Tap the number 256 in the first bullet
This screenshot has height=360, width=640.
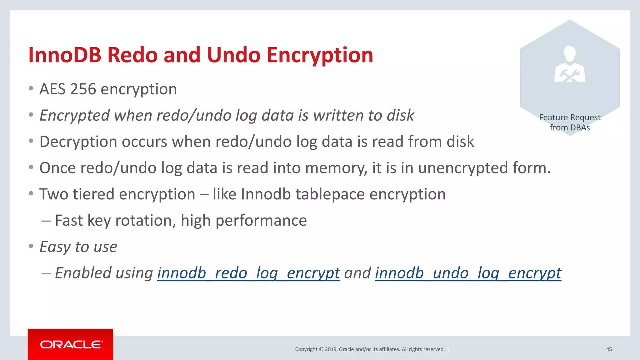[83, 89]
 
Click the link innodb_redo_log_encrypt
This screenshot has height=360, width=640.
[248, 273]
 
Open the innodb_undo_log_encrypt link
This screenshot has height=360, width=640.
[468, 273]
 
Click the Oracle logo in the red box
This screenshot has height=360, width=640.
[71, 344]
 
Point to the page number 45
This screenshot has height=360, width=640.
[609, 349]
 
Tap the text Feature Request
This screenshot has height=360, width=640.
[569, 117]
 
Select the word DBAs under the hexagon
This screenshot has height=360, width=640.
[580, 127]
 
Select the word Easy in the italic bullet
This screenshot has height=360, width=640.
[55, 247]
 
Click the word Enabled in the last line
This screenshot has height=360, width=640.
[83, 273]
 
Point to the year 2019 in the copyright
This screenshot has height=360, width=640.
[331, 349]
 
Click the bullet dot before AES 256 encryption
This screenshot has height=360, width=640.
[31, 89]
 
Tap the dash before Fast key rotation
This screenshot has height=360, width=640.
[46, 221]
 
